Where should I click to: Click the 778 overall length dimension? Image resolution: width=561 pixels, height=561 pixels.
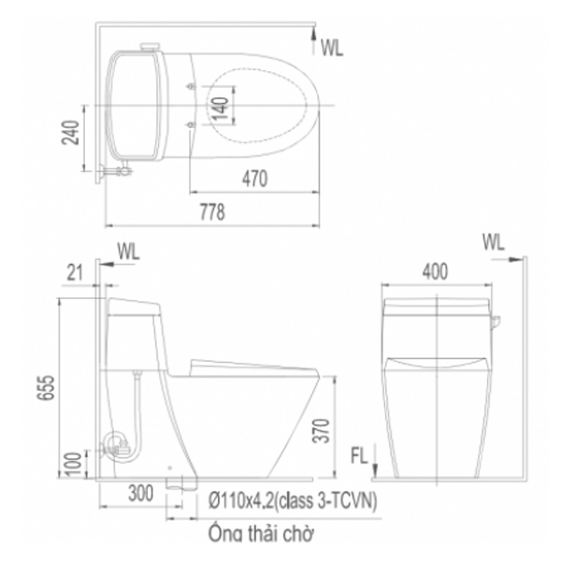click(212, 212)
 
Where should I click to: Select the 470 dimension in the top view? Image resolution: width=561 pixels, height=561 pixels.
click(254, 179)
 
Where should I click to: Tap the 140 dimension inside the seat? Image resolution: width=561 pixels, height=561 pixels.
click(221, 108)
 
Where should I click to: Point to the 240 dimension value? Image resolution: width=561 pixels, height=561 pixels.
click(70, 133)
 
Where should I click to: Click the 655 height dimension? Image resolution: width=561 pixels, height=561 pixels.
click(46, 387)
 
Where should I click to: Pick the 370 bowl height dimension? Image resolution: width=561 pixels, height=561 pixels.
click(321, 431)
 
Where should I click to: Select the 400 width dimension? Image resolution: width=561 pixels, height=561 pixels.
click(435, 271)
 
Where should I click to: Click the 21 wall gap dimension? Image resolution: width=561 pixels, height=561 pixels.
click(75, 273)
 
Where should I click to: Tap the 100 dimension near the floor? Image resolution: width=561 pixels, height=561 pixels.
click(74, 464)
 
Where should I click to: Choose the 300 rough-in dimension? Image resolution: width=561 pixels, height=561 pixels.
click(141, 494)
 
